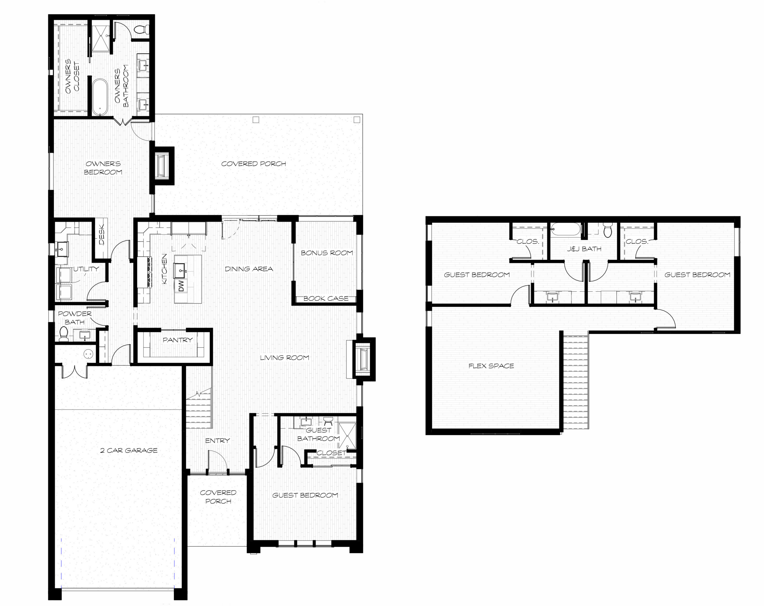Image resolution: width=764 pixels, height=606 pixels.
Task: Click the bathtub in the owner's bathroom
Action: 100,97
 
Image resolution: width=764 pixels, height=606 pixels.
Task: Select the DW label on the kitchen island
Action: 181,286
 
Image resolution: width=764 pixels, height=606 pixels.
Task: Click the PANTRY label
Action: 178,340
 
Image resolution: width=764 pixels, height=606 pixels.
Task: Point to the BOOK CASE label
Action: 326,298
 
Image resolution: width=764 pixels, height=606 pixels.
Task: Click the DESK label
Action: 102,234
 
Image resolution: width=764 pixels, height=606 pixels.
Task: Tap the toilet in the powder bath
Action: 64,334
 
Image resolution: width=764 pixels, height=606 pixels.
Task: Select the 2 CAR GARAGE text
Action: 129,450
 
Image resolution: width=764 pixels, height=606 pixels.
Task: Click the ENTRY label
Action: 217,440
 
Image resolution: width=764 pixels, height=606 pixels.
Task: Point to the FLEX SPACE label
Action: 491,366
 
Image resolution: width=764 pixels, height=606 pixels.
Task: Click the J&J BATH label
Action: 584,249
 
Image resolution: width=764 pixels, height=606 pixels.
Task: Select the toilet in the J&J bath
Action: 608,230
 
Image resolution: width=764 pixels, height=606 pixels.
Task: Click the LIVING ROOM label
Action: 284,357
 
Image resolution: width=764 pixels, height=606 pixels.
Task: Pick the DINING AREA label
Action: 249,269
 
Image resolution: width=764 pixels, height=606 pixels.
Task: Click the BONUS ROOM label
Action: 327,253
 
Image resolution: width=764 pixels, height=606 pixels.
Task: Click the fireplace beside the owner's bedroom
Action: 163,166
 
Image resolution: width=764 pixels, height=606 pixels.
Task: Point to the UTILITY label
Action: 86,269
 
